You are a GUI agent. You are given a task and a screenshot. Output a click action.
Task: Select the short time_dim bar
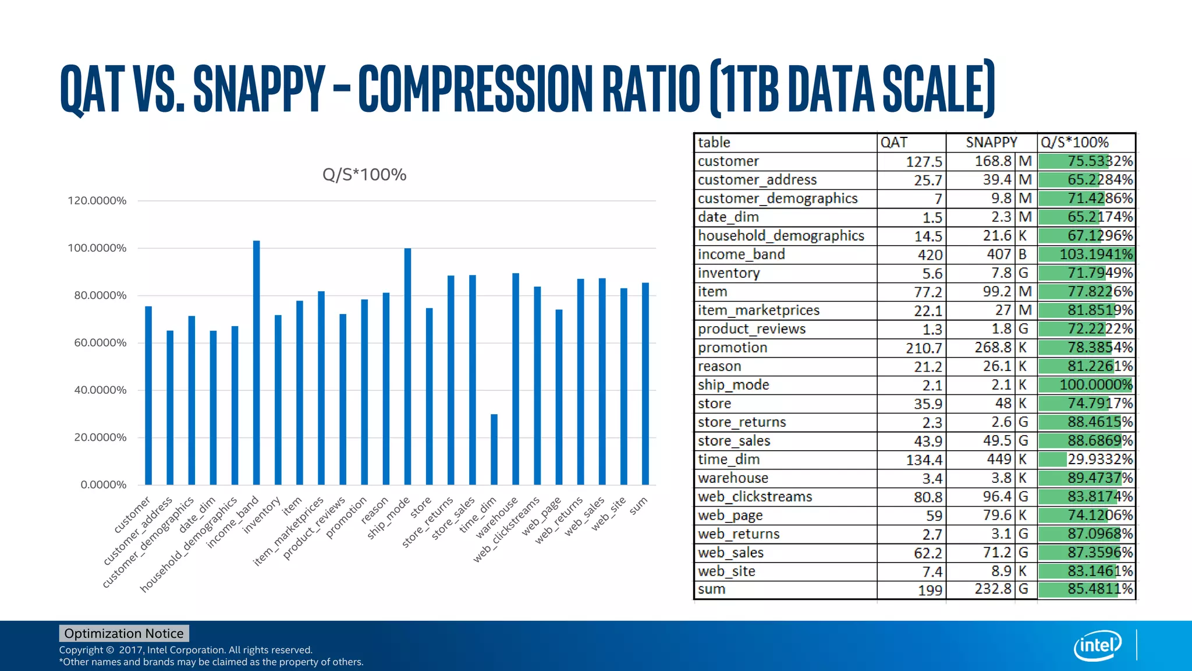[x=494, y=449]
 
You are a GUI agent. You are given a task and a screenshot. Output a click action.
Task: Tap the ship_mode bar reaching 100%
[x=407, y=366]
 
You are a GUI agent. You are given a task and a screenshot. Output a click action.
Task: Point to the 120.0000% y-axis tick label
[x=97, y=201]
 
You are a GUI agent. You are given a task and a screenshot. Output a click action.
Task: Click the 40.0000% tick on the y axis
[x=100, y=390]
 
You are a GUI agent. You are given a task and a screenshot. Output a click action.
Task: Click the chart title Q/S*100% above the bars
[x=364, y=175]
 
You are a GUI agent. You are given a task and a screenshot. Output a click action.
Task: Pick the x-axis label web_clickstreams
[x=506, y=529]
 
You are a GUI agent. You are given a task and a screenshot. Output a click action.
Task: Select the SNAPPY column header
[x=991, y=143]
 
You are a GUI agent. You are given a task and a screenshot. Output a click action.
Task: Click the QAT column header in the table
[x=894, y=143]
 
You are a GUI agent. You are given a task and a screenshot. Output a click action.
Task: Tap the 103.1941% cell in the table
[x=1086, y=255]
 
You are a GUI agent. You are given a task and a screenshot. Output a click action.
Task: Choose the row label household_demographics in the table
[x=781, y=236]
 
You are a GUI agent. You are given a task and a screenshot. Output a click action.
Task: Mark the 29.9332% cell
[x=1086, y=460]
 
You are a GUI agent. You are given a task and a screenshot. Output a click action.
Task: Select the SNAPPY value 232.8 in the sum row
[x=993, y=589]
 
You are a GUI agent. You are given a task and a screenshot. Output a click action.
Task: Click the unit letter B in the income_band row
[x=1023, y=255]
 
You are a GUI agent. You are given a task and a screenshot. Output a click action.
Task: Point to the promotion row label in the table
[x=733, y=348]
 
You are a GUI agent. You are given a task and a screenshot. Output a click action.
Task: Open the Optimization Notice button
[x=124, y=633]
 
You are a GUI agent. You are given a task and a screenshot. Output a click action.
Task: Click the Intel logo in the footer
[x=1097, y=645]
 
